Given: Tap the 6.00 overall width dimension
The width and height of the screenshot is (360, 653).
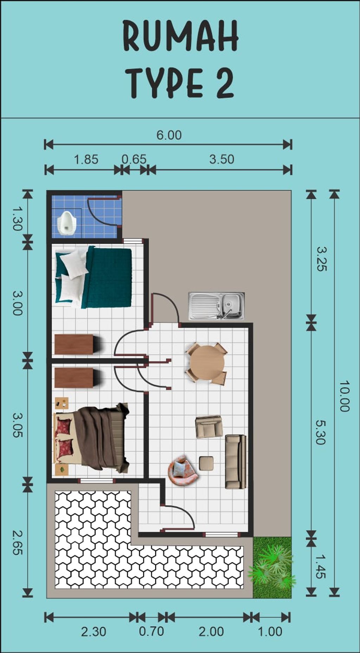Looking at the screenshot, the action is click(x=169, y=135).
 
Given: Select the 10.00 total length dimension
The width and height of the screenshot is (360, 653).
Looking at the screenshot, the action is click(x=344, y=396).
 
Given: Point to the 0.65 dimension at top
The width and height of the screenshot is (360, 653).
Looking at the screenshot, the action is click(x=134, y=159).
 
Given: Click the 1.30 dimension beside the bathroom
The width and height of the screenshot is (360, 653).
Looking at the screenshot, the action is click(x=17, y=218).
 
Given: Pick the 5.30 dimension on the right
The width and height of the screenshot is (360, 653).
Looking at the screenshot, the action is click(x=320, y=433).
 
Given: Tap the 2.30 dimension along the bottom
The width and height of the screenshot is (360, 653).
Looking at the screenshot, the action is click(x=94, y=632).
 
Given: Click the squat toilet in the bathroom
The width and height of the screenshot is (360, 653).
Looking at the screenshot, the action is click(x=66, y=222).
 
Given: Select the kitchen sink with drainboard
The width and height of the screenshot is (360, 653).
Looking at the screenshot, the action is click(x=217, y=306).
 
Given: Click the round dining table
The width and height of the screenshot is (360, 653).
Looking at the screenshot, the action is click(x=207, y=363).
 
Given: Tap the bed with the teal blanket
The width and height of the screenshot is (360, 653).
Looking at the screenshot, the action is click(x=94, y=277).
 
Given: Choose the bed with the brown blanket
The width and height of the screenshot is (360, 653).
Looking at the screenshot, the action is click(x=92, y=437).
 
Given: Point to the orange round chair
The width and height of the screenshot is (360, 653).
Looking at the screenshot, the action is click(x=182, y=470).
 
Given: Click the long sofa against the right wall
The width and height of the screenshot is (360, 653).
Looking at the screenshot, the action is click(x=236, y=461).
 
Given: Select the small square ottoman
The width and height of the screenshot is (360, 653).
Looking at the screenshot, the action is click(x=206, y=463).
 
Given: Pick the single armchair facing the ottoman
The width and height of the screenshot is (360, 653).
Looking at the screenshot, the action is click(x=209, y=427).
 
